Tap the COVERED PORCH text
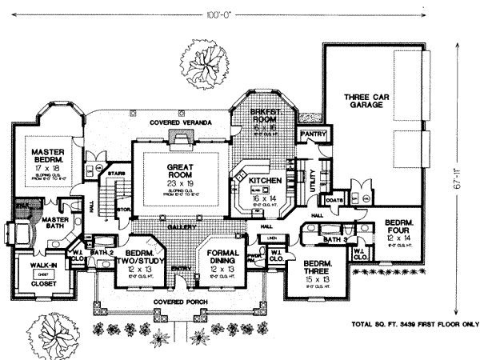click(x=187, y=302)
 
